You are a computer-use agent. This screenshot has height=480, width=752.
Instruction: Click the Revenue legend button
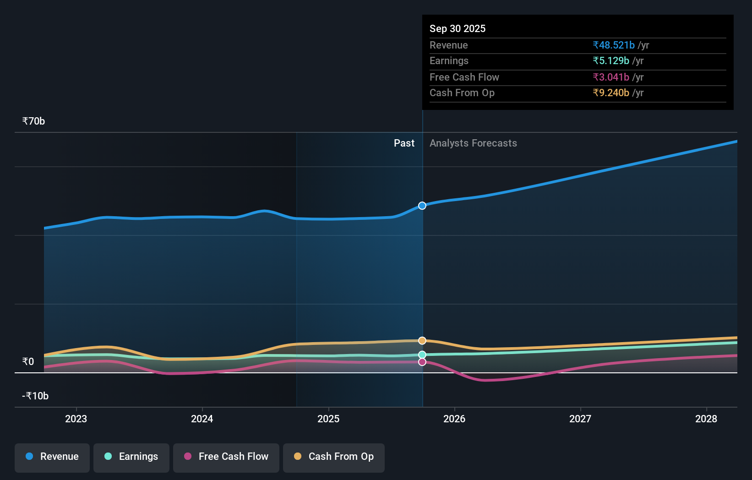point(52,457)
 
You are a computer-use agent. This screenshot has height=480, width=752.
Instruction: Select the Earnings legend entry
point(131,457)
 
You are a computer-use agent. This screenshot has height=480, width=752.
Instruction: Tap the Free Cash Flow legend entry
point(226,457)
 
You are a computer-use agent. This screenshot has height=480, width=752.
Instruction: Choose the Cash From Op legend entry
point(334,457)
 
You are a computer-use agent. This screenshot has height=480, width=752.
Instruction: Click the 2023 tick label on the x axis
point(76,419)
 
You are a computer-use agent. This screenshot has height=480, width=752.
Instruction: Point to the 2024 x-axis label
point(202,419)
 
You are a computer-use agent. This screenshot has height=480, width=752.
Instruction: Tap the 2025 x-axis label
point(328,419)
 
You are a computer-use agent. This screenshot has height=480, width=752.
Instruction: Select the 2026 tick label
point(454,419)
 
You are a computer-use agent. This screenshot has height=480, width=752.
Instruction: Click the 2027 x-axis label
point(580,419)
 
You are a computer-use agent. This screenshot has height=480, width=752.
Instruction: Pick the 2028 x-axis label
point(706,419)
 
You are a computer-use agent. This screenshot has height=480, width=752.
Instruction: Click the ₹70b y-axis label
point(33,121)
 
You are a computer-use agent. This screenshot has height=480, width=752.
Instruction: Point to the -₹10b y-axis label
point(35,396)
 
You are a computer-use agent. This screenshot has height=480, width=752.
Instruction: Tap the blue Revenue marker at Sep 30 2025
point(422,206)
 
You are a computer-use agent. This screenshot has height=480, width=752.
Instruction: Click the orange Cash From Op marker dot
point(422,341)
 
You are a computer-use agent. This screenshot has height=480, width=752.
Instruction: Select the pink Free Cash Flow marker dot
point(422,362)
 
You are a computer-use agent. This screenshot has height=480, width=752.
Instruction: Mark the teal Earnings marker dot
point(422,355)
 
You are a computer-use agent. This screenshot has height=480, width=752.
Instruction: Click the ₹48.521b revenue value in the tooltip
point(614,45)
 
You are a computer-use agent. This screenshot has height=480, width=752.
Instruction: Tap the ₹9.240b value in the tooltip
point(611,93)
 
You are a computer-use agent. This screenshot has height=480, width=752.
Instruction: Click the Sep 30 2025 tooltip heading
point(458,29)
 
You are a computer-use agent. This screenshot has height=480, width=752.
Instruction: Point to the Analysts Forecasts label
point(473,143)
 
